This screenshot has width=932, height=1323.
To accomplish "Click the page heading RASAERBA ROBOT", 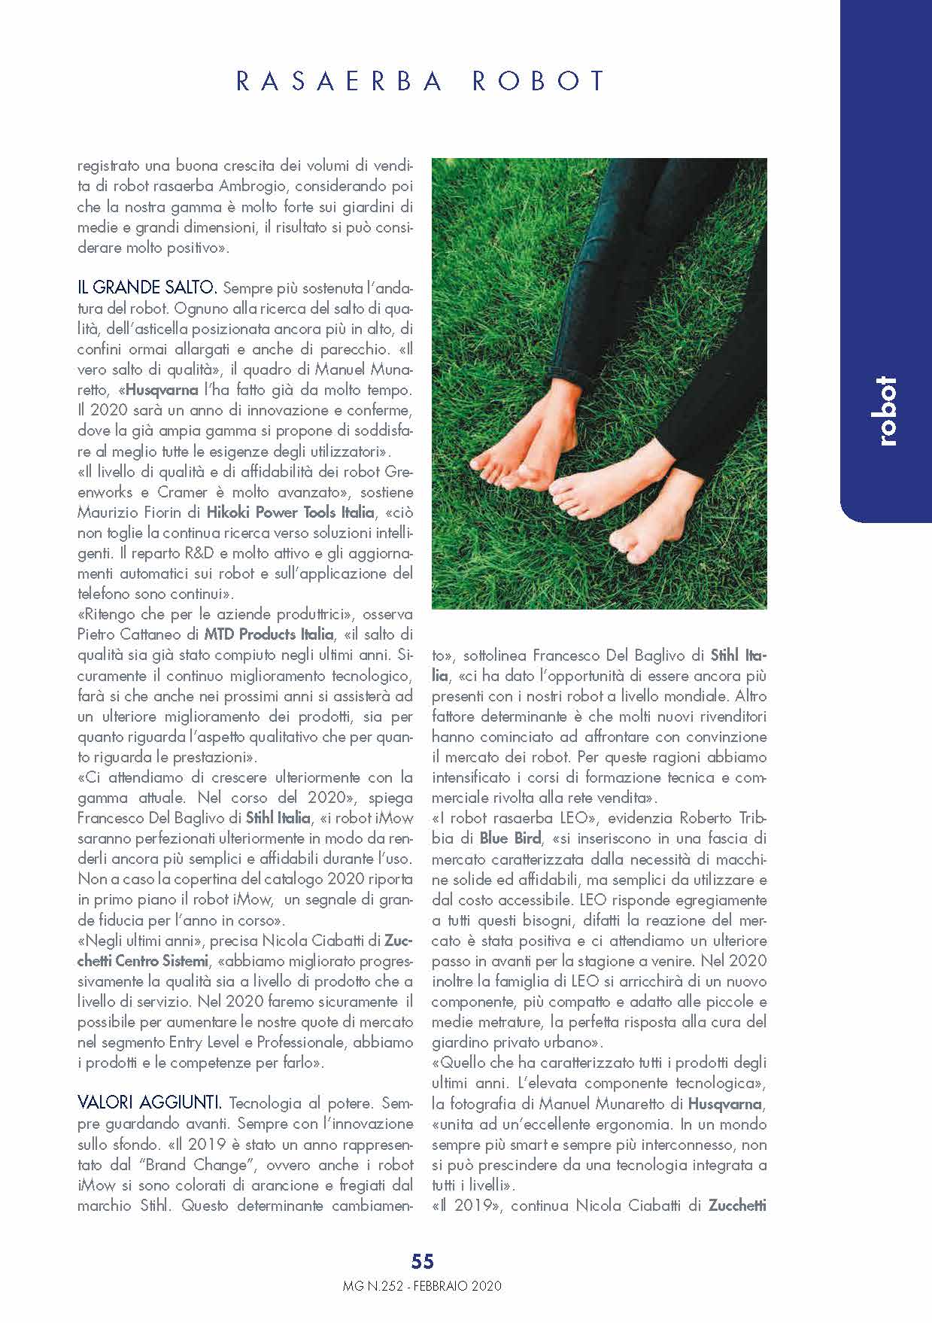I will coord(421,81).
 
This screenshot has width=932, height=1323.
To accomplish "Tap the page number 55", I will coord(423,1261).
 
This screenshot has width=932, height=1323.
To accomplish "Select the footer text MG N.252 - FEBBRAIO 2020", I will coord(422,1285).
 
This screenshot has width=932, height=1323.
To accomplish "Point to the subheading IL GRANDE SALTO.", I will coord(147,287).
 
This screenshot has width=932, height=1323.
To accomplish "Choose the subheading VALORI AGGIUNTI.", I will coord(150,1103).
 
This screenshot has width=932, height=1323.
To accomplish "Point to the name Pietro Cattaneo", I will coord(126,634).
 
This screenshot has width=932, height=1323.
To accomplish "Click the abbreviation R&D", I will coord(199,553).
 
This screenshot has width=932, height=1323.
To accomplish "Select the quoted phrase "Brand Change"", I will coord(186,1164).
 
